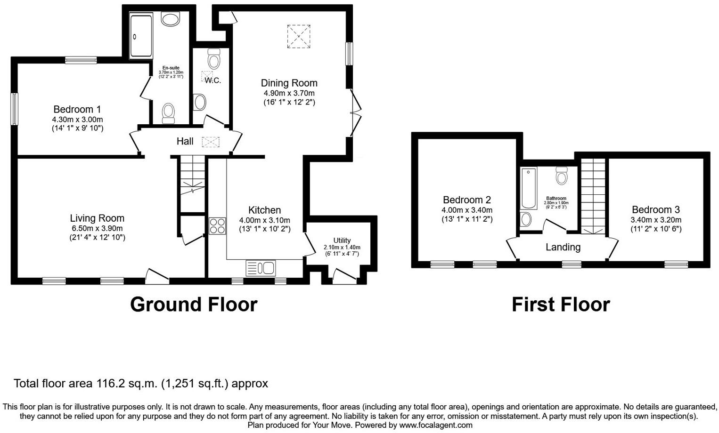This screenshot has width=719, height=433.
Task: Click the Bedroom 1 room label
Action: (x=77, y=109)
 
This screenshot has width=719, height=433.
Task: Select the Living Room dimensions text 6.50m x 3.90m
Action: (x=97, y=228)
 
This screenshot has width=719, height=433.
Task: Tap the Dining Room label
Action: (x=289, y=83)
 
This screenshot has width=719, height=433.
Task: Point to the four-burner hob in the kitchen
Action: (x=217, y=225)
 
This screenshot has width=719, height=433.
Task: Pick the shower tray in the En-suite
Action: (x=140, y=37)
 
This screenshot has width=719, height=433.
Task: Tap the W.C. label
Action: (x=212, y=80)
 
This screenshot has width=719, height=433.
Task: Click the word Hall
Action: (x=185, y=141)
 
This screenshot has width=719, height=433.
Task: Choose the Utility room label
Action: (x=342, y=240)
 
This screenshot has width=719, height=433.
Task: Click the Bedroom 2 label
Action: (x=466, y=200)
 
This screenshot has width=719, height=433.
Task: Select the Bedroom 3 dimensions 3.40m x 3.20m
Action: (x=656, y=220)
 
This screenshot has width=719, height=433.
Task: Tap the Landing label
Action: (x=563, y=247)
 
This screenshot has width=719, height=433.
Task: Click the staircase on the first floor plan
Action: (x=593, y=196)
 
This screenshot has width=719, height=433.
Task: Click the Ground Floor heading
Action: (x=194, y=305)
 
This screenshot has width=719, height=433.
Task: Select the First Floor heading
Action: (x=561, y=305)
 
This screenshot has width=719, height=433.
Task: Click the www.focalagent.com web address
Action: (x=436, y=425)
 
